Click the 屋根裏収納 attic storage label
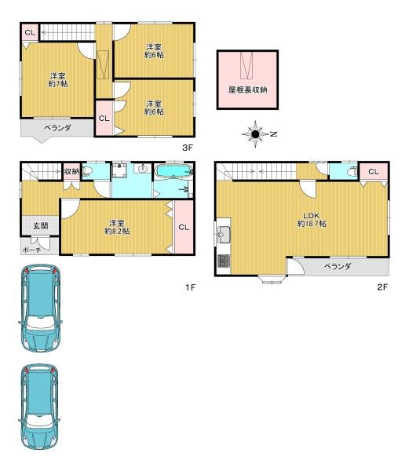247,89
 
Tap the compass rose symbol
255,134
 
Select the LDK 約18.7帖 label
312,220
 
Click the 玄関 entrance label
41,225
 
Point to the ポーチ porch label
31,250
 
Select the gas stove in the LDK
224,261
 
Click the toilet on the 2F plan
352,172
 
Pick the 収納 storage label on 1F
71,171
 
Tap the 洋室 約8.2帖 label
117,227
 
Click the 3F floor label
188,148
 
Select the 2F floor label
382,287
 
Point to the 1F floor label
190,287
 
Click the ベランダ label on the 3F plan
57,128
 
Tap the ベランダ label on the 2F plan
338,266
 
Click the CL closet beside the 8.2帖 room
184,228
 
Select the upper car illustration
40,308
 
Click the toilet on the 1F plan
87,171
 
